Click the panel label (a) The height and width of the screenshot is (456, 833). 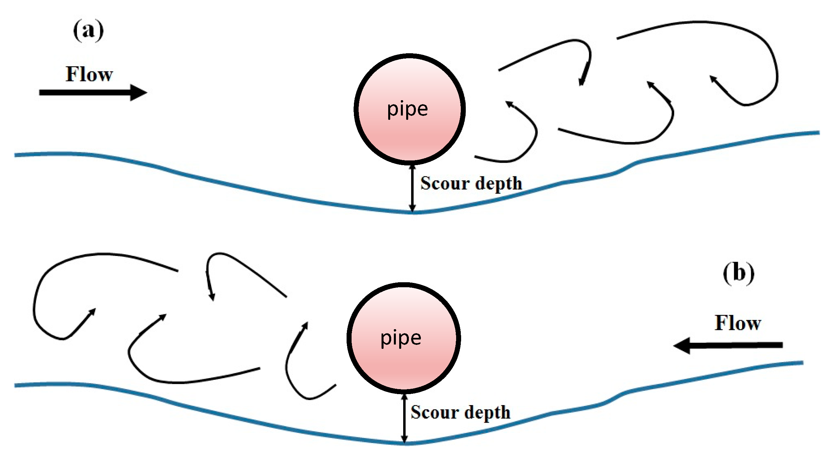point(88,31)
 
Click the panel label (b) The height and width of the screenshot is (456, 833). point(739,274)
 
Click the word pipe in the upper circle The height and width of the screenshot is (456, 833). point(408,109)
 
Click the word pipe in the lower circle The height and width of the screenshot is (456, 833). point(401,339)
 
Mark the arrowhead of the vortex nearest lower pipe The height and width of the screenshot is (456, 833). point(305,326)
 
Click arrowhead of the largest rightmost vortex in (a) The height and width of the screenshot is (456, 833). point(713,80)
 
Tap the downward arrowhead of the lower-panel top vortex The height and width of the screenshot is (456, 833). point(211,296)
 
